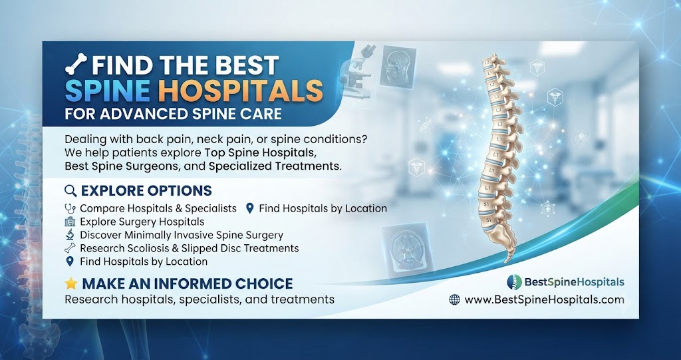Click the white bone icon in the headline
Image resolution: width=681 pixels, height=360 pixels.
click(x=76, y=65)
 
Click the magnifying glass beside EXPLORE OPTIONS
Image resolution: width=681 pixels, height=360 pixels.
click(x=70, y=190)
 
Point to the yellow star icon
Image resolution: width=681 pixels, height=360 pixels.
click(x=70, y=283)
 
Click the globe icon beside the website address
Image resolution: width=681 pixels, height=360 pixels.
click(x=454, y=299)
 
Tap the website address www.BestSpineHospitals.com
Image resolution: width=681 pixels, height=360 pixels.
click(x=544, y=299)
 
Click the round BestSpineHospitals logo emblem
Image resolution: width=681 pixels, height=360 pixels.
click(x=515, y=282)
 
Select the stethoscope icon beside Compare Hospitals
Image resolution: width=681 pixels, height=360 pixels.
click(x=70, y=208)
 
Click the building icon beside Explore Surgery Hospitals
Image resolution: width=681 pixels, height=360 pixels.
click(x=70, y=222)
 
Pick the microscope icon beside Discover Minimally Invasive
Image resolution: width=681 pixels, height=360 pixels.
click(x=70, y=235)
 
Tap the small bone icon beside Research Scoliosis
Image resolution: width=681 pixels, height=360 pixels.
click(x=70, y=248)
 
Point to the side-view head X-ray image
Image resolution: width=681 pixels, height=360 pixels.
click(x=398, y=67)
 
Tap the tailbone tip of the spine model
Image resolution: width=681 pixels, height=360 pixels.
click(x=507, y=262)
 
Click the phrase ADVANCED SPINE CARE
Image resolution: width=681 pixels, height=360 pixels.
click(x=191, y=114)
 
